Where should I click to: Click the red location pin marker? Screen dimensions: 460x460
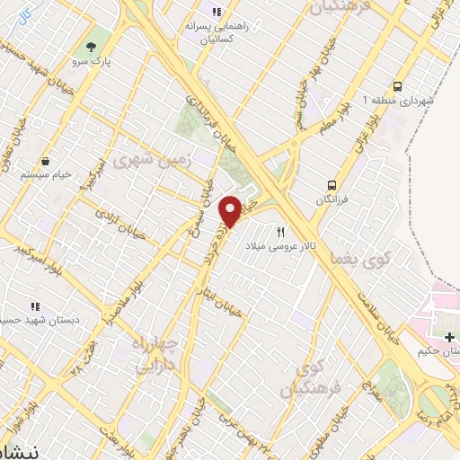231,210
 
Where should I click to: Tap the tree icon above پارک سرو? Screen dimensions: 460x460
90,46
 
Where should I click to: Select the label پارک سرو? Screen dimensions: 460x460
91,64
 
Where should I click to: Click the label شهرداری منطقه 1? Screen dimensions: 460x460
398,100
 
